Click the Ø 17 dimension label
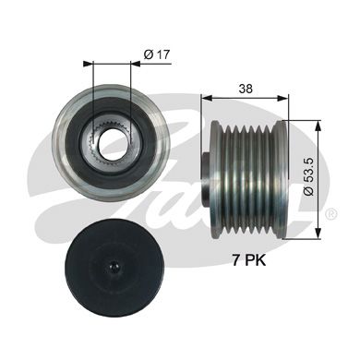click(158, 56)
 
